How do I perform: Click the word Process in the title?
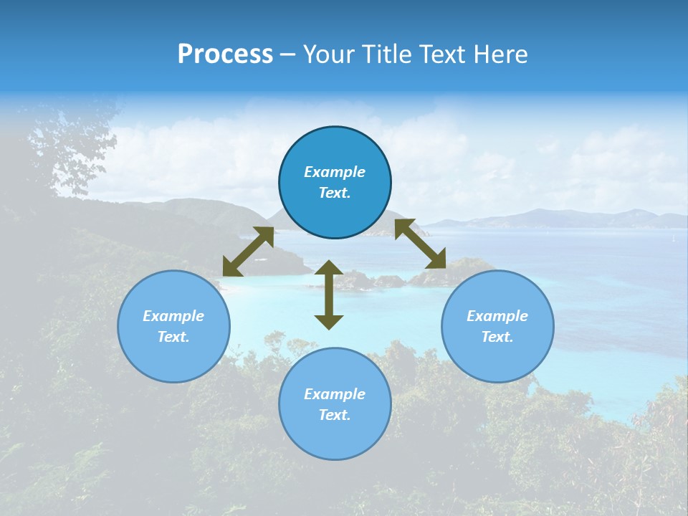(x=225, y=54)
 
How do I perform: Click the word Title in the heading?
(x=384, y=54)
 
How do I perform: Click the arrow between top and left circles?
(x=248, y=252)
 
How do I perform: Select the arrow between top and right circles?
(x=420, y=243)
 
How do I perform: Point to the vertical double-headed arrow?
(x=329, y=295)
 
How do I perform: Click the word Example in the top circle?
(x=335, y=172)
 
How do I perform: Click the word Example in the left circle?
(x=173, y=316)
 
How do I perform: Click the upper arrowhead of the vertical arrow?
(x=329, y=267)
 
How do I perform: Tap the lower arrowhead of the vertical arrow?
(x=329, y=321)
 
